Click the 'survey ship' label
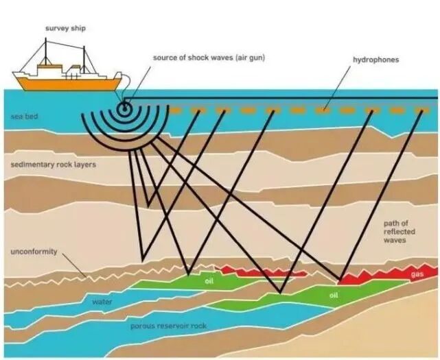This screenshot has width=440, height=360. (65, 28)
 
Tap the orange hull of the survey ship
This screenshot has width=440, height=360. (69, 83)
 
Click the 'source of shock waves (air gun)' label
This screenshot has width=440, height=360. (209, 57)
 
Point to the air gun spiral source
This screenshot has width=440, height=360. (125, 108)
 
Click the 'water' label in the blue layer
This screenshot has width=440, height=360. (102, 301)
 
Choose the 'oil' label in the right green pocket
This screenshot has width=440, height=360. (334, 295)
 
